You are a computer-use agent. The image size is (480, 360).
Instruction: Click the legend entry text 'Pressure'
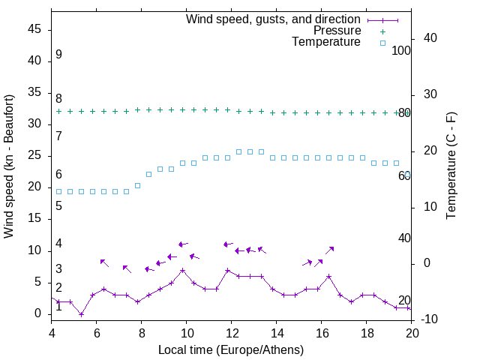[x=337, y=31]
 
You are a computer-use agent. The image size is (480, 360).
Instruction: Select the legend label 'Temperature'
[x=326, y=42]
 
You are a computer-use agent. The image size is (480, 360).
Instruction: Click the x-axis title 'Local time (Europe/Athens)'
[x=231, y=349]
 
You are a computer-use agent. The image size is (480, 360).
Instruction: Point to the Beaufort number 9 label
[x=58, y=55]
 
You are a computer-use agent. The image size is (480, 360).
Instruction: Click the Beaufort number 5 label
[x=58, y=205]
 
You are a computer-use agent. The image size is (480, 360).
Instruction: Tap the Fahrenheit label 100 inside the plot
[x=401, y=50]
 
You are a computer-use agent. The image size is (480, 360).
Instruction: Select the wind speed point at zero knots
[x=81, y=313]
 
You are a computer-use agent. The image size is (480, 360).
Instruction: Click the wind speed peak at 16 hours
[x=328, y=276]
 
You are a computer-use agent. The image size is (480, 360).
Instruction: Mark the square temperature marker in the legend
[x=382, y=43]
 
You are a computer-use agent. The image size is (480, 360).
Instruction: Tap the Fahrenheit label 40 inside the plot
[x=404, y=238]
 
